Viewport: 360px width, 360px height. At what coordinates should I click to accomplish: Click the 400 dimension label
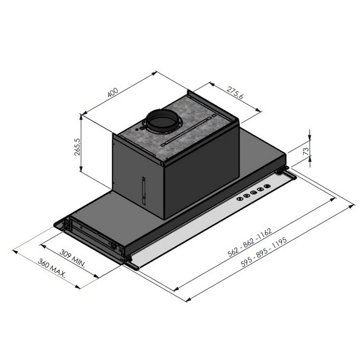point(113,92)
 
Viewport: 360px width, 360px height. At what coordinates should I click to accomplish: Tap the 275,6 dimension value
point(235,92)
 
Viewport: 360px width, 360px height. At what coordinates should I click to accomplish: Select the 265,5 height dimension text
point(78,147)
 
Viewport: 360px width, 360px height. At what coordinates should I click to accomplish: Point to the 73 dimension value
point(306,151)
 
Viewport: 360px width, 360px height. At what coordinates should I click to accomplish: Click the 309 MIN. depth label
point(73,258)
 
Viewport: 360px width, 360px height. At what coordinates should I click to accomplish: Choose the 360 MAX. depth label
point(52,268)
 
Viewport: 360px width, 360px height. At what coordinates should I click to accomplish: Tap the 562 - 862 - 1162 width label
point(250,242)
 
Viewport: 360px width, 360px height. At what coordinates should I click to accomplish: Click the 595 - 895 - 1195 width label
point(264,252)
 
